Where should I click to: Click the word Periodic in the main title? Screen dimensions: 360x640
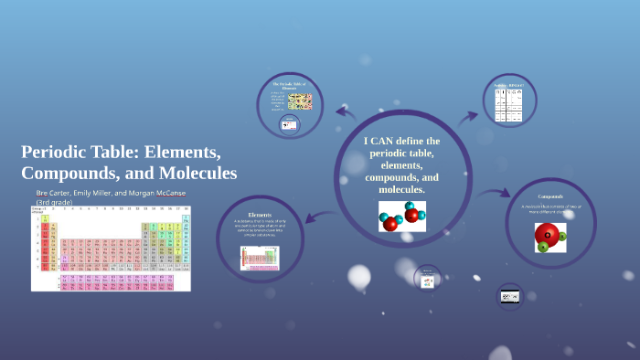tap(57, 152)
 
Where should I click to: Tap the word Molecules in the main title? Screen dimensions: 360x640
tap(194, 173)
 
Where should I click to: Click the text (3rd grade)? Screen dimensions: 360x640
tap(57, 202)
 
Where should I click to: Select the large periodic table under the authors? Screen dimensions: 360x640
tap(111, 248)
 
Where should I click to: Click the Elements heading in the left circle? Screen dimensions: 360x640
tap(260, 214)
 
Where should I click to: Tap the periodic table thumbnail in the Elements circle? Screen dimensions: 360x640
tap(259, 258)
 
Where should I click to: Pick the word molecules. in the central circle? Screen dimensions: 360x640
tap(402, 189)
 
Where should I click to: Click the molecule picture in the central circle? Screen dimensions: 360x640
tap(401, 217)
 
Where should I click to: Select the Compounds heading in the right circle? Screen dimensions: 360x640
tap(550, 196)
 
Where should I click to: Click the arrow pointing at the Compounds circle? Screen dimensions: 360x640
tap(494, 194)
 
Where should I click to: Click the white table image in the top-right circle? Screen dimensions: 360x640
tap(512, 106)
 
